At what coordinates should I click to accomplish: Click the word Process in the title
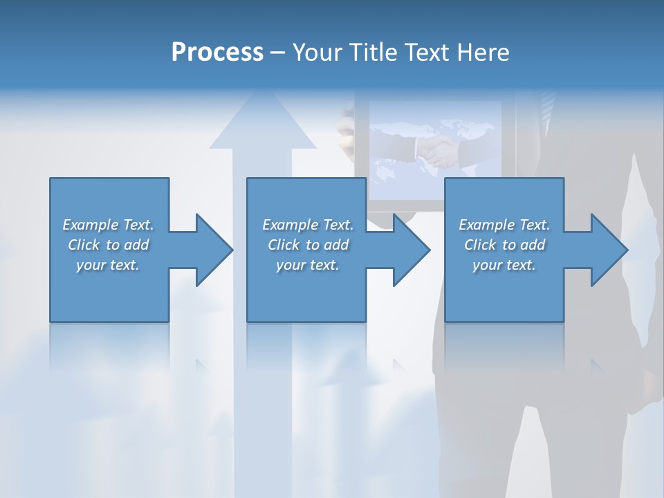217,52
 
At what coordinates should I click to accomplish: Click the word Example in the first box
91,225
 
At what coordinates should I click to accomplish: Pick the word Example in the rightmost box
487,225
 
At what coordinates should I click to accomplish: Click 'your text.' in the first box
108,265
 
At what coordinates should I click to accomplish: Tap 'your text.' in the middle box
308,265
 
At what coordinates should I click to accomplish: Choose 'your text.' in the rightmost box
504,265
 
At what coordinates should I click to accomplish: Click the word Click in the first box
84,245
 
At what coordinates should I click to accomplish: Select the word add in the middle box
336,245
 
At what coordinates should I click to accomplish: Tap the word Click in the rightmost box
481,245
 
